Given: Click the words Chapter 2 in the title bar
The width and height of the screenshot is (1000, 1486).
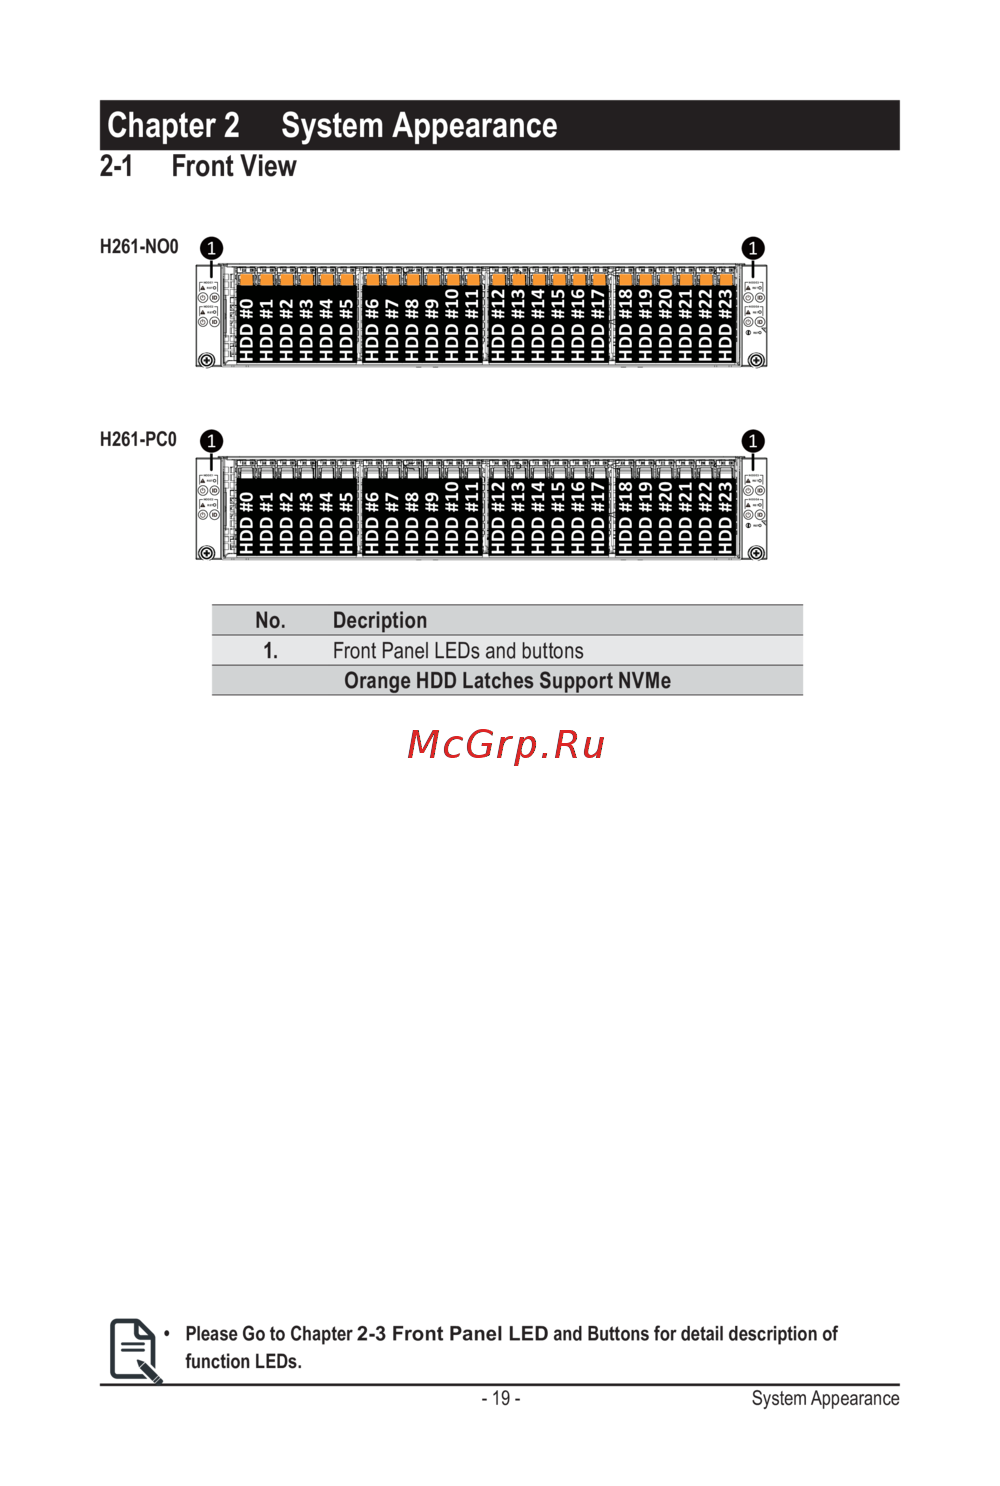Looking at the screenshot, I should pyautogui.click(x=173, y=126).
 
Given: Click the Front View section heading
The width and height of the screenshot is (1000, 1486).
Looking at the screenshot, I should pyautogui.click(x=233, y=166).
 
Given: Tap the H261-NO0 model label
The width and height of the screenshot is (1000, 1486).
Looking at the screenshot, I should pyautogui.click(x=139, y=247).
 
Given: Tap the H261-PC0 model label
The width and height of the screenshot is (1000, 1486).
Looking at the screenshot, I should pyautogui.click(x=138, y=440).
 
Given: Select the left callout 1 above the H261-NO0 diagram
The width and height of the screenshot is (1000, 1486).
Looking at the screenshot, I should pyautogui.click(x=211, y=248).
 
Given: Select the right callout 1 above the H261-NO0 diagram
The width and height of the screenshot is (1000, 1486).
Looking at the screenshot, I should pyautogui.click(x=753, y=248).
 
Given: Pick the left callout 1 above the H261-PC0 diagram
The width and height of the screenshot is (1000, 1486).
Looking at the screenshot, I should pyautogui.click(x=211, y=441).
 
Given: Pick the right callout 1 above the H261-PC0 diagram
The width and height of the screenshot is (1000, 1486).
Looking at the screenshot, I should pyautogui.click(x=753, y=441).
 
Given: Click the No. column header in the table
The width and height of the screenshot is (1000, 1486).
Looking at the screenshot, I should pyautogui.click(x=270, y=620).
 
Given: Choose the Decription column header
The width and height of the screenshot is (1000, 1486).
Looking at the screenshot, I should pyautogui.click(x=380, y=620).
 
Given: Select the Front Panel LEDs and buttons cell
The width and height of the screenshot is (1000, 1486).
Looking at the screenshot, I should pyautogui.click(x=458, y=651).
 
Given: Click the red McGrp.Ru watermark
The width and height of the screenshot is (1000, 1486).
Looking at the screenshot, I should pyautogui.click(x=506, y=745).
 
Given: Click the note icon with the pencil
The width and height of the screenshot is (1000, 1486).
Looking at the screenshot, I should pyautogui.click(x=135, y=1350).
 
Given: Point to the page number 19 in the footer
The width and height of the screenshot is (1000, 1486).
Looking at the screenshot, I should pyautogui.click(x=501, y=1398).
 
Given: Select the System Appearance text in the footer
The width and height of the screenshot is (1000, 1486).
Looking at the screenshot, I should pyautogui.click(x=825, y=1398).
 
